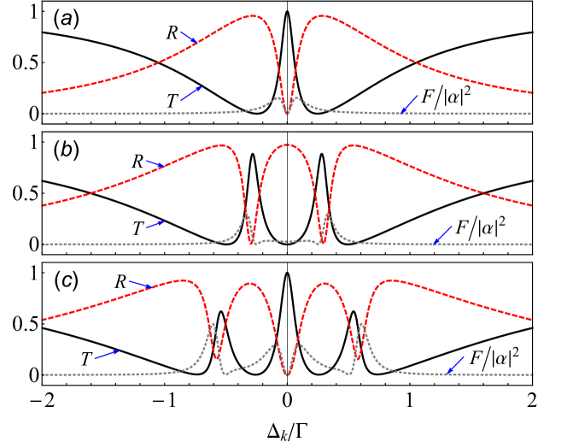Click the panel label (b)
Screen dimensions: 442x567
[x=66, y=150]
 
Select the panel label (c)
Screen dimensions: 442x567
[x=66, y=280]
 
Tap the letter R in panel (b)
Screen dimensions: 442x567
[x=137, y=159]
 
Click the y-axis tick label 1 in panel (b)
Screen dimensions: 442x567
[x=35, y=143]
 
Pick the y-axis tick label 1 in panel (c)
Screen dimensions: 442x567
[x=35, y=274]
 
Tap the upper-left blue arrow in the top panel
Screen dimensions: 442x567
[x=189, y=37]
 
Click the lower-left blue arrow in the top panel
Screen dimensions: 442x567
[x=191, y=93]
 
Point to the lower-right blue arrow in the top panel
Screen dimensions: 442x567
[x=409, y=104]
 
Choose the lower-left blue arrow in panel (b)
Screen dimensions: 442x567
[x=155, y=224]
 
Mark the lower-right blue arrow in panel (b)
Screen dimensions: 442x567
[x=442, y=234]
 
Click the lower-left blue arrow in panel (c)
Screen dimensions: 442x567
[x=107, y=353]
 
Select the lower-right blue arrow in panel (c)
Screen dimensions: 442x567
[x=457, y=364]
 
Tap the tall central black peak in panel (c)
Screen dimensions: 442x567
[x=287, y=274]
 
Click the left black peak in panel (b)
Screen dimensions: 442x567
[x=252, y=156]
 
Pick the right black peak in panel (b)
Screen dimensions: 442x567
[x=322, y=156]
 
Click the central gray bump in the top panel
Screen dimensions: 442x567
[x=279, y=98]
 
